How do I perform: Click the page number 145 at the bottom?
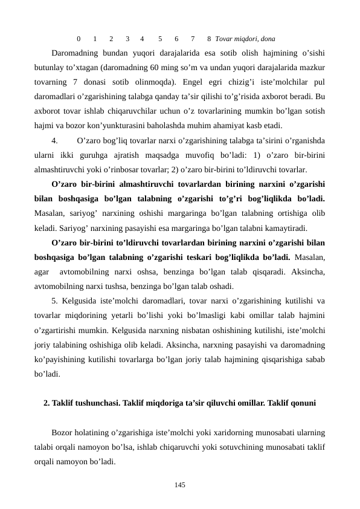[179, 485]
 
